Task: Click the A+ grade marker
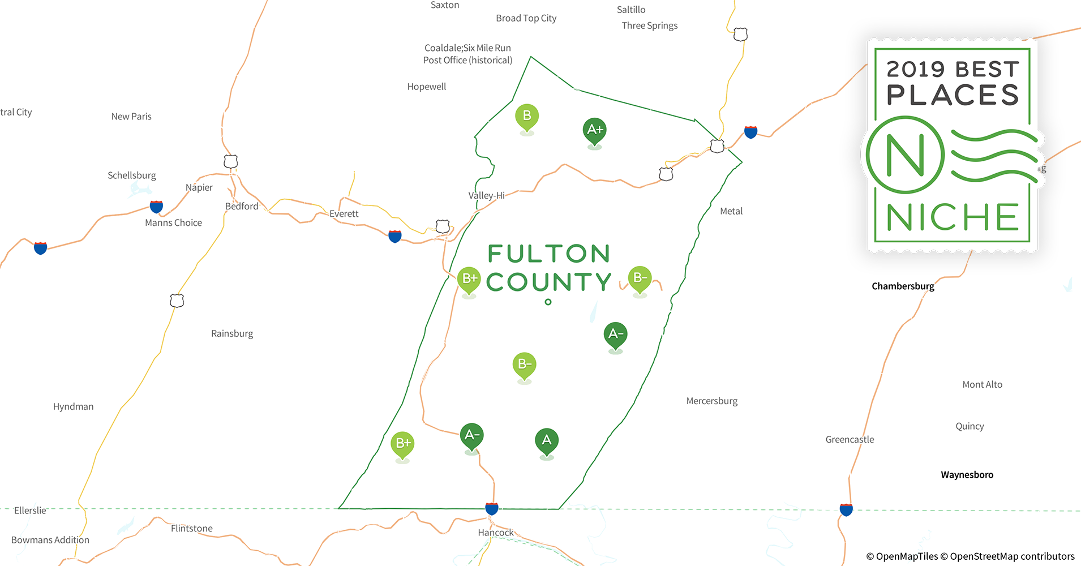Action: coord(594,130)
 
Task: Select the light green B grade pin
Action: coord(526,117)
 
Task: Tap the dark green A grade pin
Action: coord(546,440)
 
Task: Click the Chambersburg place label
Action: coord(903,286)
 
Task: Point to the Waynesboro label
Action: coord(967,475)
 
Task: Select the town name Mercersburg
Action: coord(711,401)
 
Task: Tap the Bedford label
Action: coord(242,207)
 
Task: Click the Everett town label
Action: coord(344,214)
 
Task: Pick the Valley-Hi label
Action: coord(486,196)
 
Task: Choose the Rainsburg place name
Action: coord(232,334)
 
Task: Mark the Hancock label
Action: coord(496,533)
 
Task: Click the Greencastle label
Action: coord(850,440)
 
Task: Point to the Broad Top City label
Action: coord(526,19)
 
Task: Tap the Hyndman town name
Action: coord(73,407)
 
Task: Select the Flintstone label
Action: coord(192,529)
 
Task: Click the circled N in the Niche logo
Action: coord(905,155)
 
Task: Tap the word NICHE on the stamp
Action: coord(953,217)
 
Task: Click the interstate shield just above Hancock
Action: coord(492,508)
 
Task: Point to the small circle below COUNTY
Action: coord(548,302)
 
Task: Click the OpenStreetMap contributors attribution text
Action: coord(1012,556)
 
